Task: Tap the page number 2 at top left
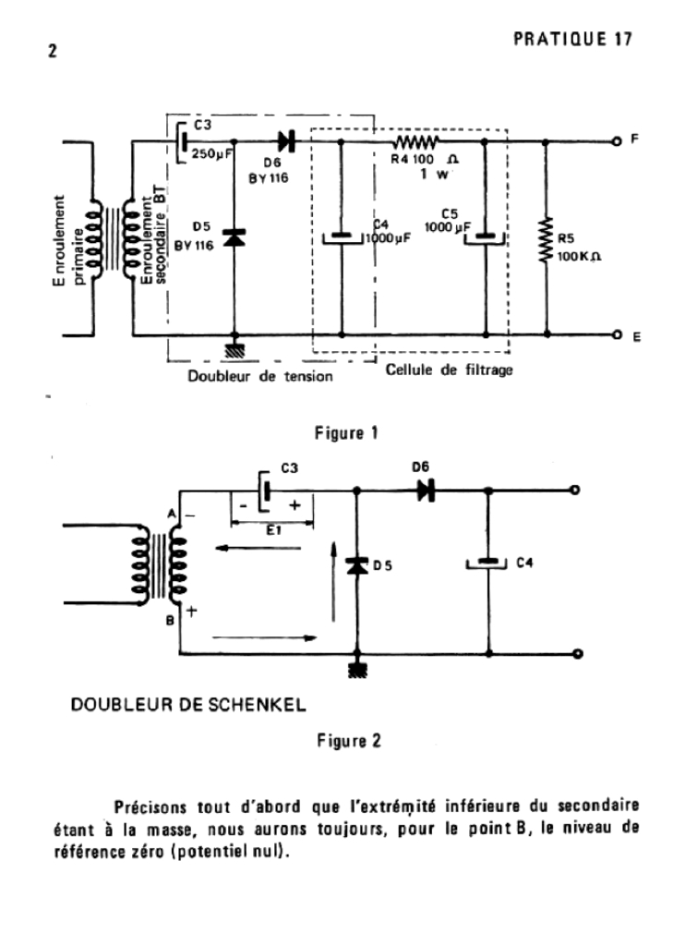click(53, 52)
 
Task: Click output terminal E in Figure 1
click(616, 336)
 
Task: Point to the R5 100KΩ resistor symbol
click(546, 240)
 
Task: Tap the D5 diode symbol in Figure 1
click(235, 237)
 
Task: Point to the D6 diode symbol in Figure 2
click(426, 491)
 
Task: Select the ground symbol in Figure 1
click(235, 350)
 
